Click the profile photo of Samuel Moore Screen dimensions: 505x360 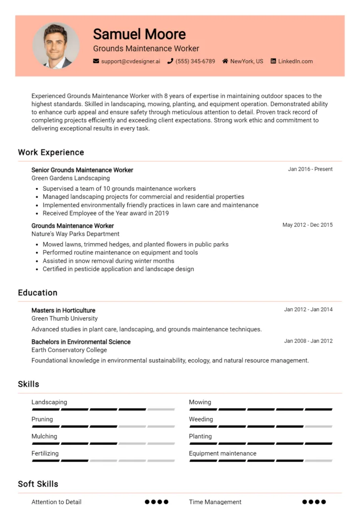coord(56,45)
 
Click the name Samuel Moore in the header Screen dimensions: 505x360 coord(139,34)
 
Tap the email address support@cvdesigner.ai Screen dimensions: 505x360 coord(131,62)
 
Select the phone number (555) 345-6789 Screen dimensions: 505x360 coord(195,62)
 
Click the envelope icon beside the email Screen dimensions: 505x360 coord(96,62)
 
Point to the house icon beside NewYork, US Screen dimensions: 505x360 coord(225,62)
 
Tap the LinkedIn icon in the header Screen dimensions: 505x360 coord(273,62)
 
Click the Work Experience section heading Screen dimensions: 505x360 coord(51,152)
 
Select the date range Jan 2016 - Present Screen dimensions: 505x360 coord(310,169)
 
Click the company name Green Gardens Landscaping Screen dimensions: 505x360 coord(71,178)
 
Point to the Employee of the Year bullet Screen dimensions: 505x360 coord(106,213)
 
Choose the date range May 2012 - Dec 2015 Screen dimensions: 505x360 coord(307,225)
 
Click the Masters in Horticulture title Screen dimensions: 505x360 coord(63,310)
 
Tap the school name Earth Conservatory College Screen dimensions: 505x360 coord(69,350)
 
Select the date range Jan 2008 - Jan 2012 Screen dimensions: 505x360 coord(308,341)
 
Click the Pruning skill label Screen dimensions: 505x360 coord(42,419)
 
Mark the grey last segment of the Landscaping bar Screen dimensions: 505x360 coord(161,409)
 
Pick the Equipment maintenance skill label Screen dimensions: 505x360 coord(222,453)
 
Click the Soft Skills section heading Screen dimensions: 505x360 coord(38,484)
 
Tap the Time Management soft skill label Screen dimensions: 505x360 coord(215,502)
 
